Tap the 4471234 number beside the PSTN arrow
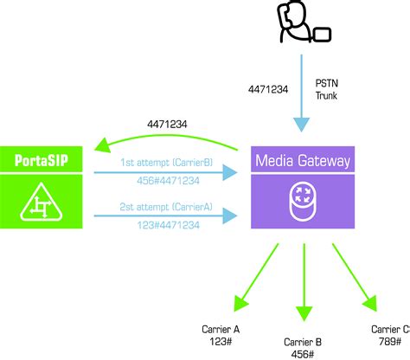(x=266, y=88)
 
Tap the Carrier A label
(x=221, y=329)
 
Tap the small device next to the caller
(x=322, y=35)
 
